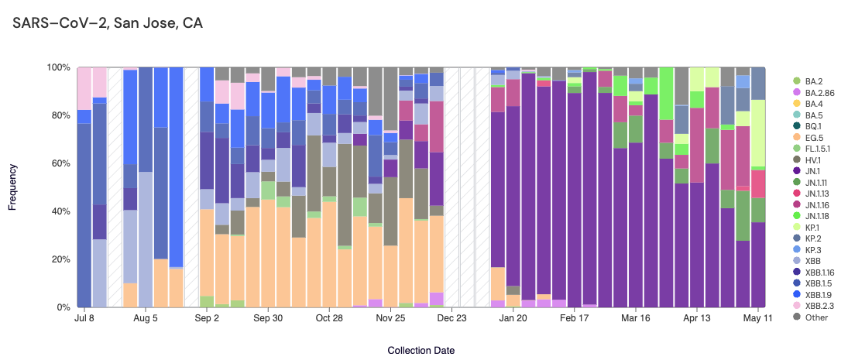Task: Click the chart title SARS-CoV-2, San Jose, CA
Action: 108,23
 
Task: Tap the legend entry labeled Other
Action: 816,317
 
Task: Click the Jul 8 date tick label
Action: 84,318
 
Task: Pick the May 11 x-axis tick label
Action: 757,318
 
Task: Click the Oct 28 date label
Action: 328,318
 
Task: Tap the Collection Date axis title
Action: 421,350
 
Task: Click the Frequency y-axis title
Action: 12,187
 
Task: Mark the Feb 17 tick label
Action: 573,318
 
